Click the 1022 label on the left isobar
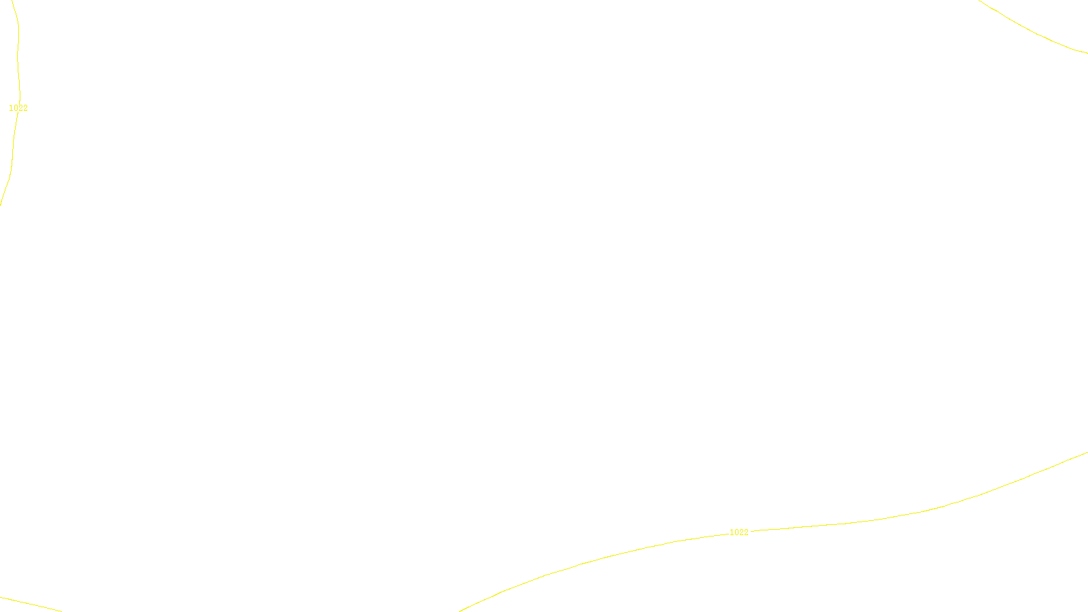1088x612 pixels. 18,108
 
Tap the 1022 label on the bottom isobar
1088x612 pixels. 738,532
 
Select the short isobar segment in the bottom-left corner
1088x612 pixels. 31,604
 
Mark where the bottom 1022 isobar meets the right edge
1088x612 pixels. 1087,453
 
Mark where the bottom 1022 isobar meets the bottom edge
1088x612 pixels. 460,611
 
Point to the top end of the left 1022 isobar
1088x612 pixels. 12,1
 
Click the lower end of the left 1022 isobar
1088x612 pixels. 1,203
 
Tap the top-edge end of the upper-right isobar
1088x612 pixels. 980,1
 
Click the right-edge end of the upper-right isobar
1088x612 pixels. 1087,52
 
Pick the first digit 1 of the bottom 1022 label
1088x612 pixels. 732,532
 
